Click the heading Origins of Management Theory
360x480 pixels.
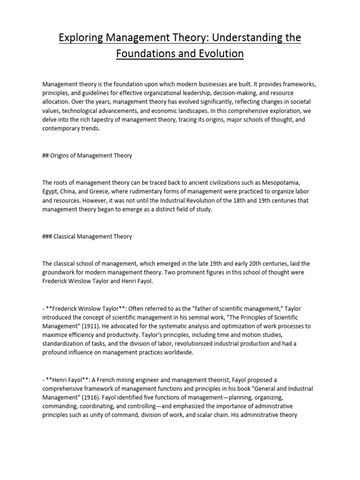tap(91, 156)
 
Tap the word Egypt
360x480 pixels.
tap(50, 193)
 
